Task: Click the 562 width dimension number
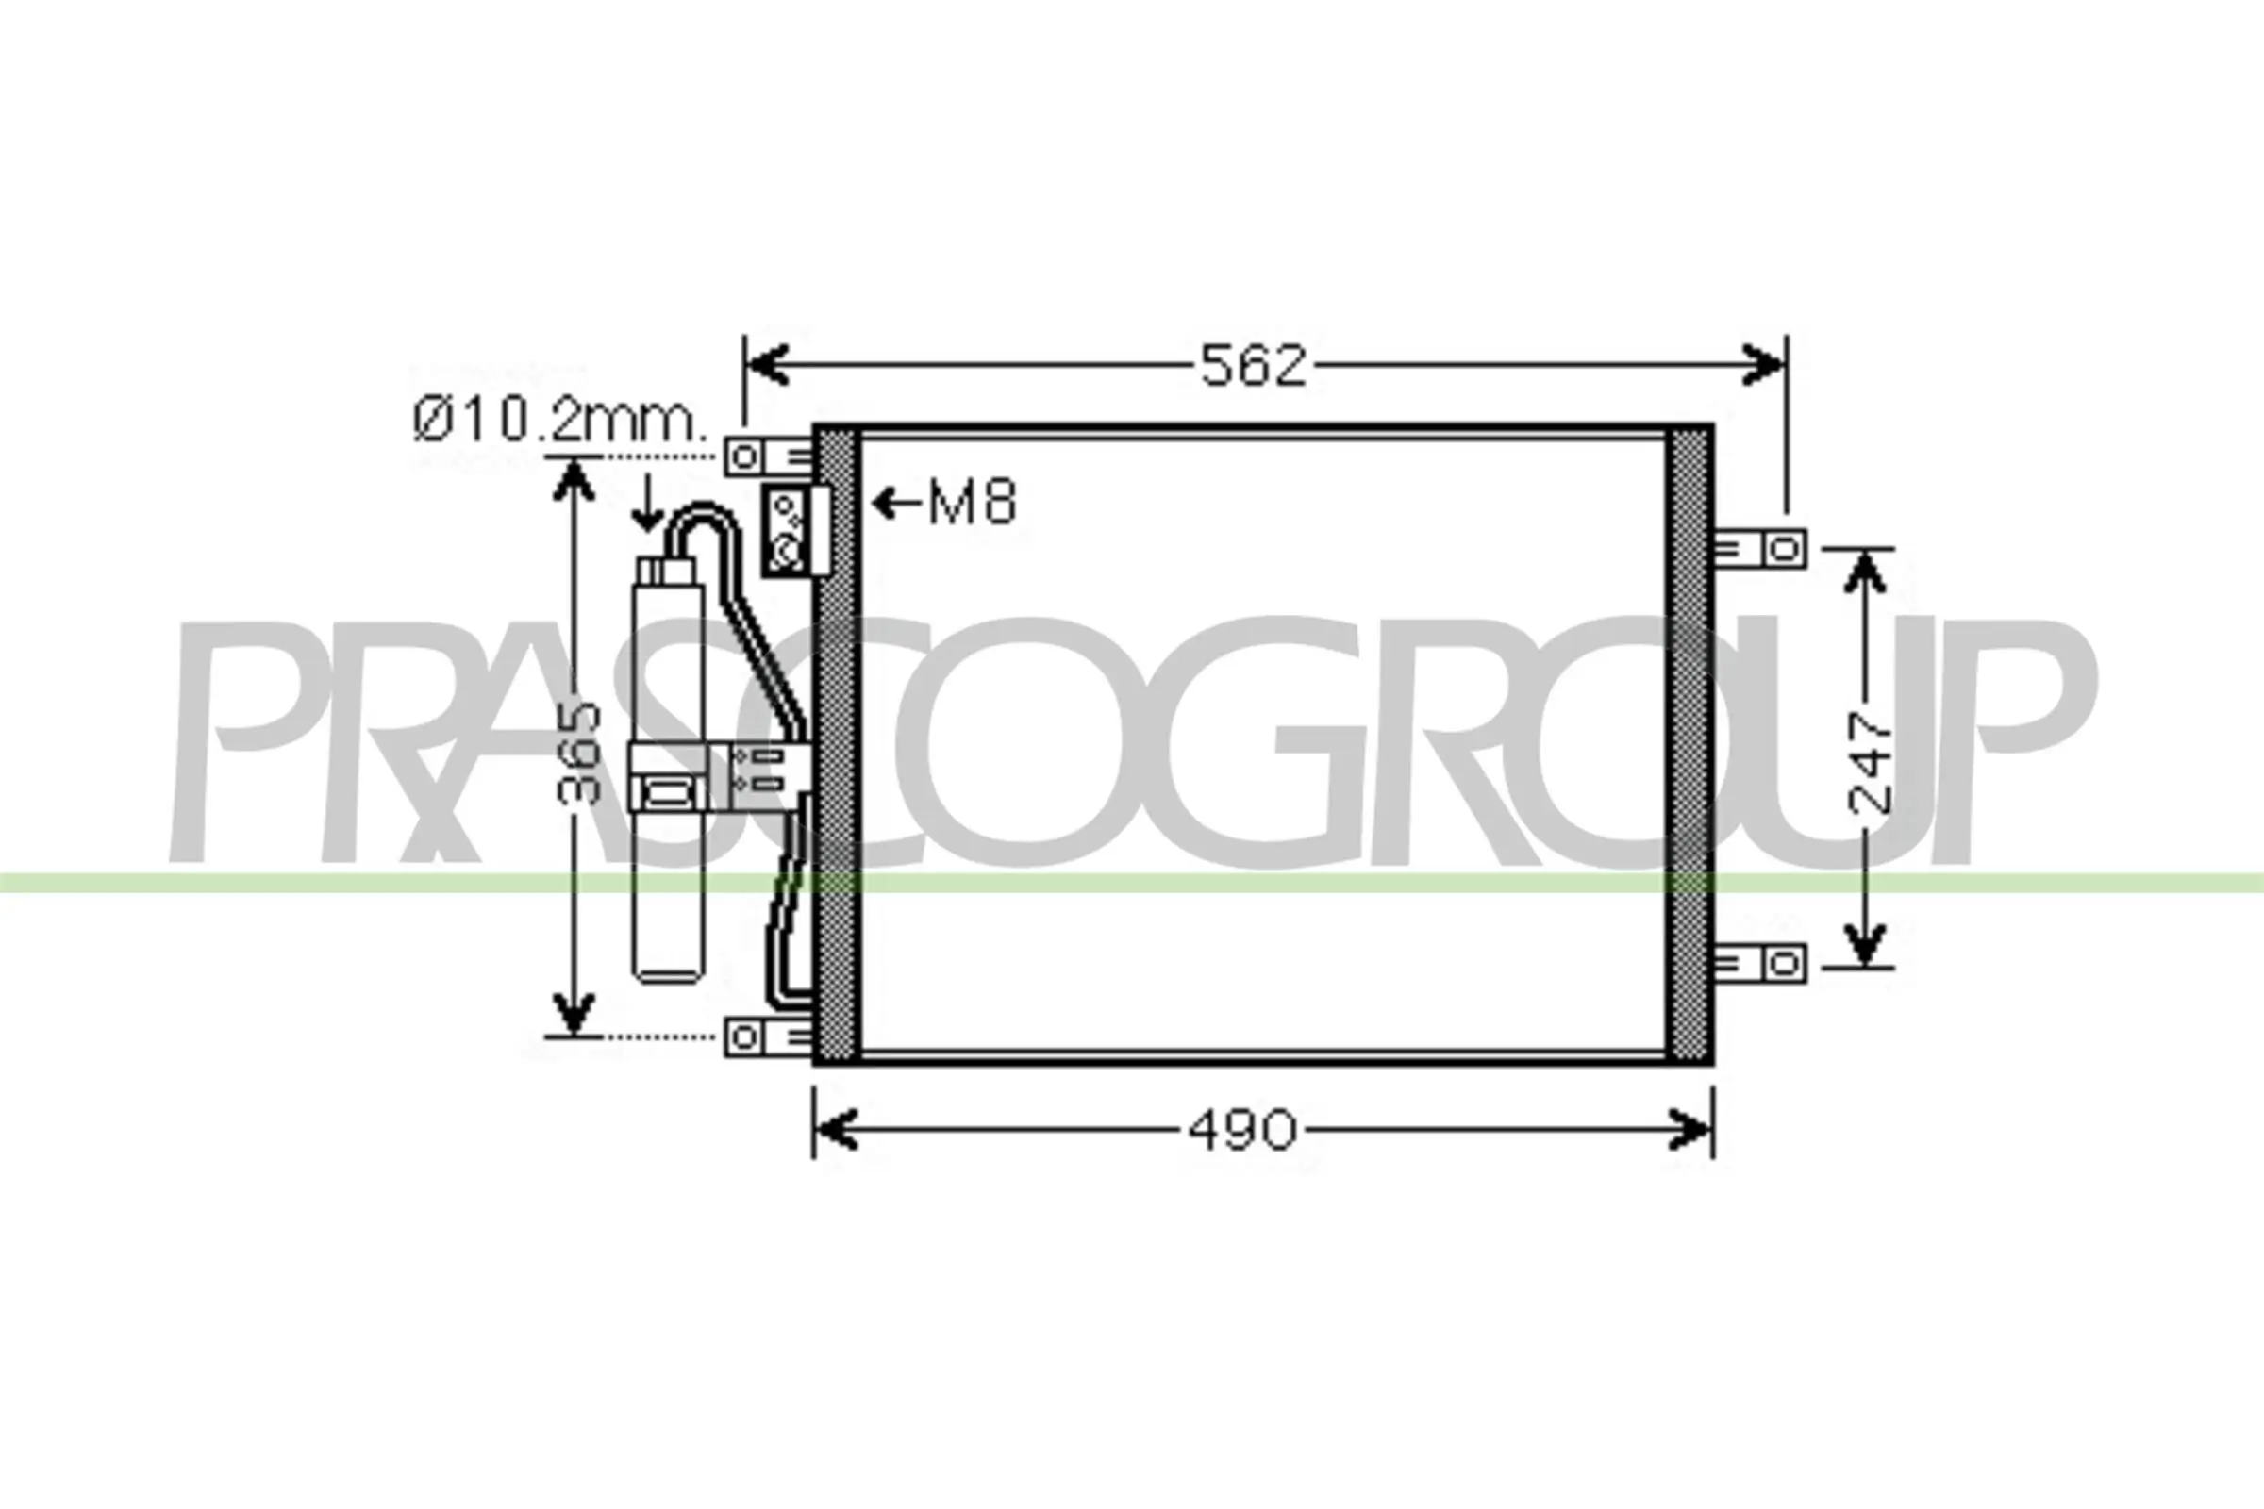point(1255,366)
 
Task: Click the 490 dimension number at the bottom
point(1241,1130)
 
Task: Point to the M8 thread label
point(973,503)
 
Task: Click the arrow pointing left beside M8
point(895,503)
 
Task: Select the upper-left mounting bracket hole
point(743,456)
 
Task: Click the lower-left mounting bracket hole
point(743,1037)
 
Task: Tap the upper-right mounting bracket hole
point(1785,550)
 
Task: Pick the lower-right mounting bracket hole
point(1785,963)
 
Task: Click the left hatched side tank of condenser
point(836,746)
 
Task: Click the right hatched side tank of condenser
point(1690,746)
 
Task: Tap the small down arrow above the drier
point(648,506)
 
